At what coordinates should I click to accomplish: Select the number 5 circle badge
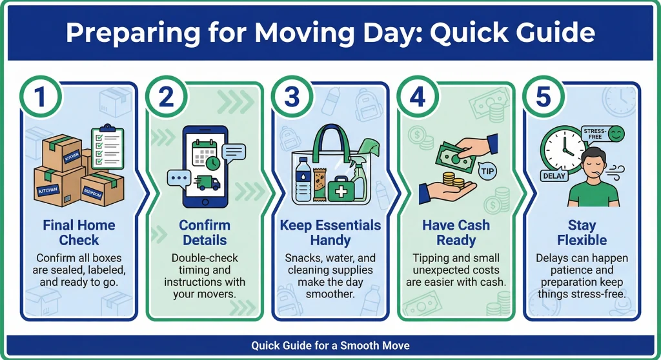pos(543,97)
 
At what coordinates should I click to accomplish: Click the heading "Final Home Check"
pos(79,232)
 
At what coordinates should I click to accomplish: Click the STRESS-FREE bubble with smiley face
pos(603,134)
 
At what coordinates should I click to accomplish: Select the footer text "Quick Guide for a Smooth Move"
pos(330,346)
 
